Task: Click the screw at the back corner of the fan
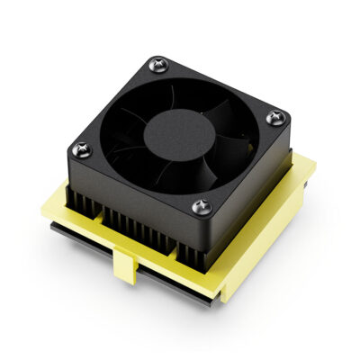(x=160, y=63)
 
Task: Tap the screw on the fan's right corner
(x=274, y=115)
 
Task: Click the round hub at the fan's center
(x=179, y=133)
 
